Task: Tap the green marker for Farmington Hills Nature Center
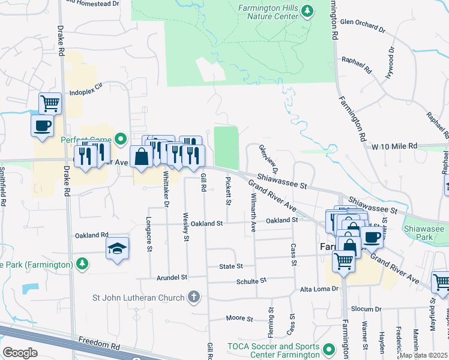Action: (x=308, y=10)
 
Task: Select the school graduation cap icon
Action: (x=117, y=247)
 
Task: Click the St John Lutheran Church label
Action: (x=139, y=296)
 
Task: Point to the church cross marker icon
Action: (x=193, y=296)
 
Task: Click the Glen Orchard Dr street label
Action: (x=362, y=24)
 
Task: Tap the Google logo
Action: (x=20, y=353)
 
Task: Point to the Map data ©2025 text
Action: (x=423, y=355)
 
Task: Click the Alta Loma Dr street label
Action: (x=319, y=289)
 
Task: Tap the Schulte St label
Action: (x=251, y=281)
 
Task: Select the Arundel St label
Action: (x=172, y=278)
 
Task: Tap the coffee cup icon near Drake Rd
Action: (x=42, y=126)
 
